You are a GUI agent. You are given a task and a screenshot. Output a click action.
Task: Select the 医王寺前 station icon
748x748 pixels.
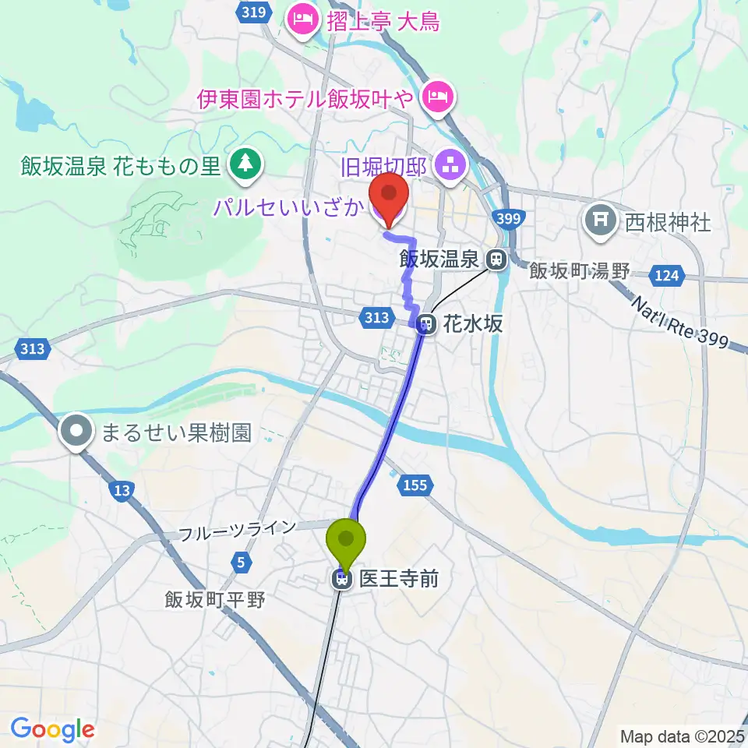tap(341, 579)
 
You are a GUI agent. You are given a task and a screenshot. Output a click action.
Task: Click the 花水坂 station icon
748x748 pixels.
tap(426, 322)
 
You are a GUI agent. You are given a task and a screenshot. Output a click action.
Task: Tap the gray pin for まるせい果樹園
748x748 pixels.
tap(77, 432)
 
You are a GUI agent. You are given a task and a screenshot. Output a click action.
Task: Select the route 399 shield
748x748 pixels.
tap(507, 220)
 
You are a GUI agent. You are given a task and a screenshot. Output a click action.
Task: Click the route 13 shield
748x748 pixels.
tap(121, 490)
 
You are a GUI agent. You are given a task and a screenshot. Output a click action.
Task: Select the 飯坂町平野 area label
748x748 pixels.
tap(215, 599)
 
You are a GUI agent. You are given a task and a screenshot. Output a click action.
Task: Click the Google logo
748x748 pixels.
tap(52, 729)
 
